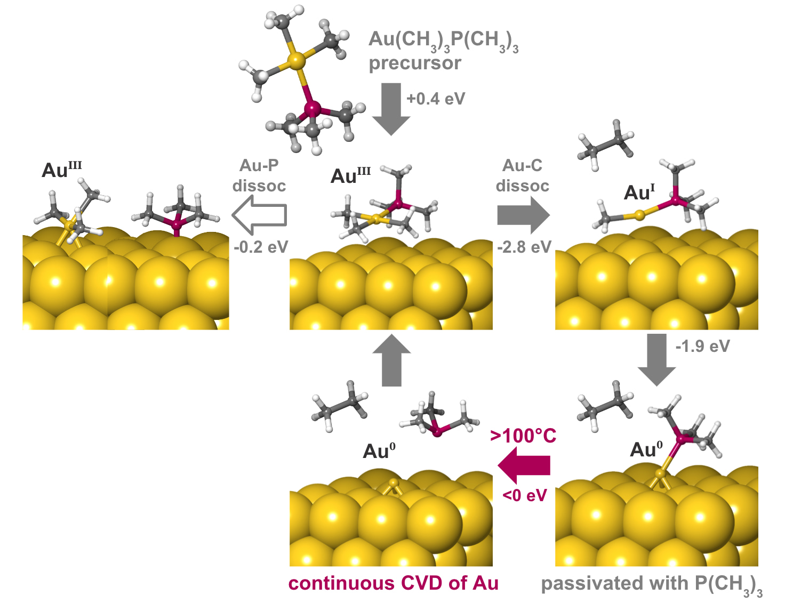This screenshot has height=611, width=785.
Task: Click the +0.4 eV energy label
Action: [x=436, y=99]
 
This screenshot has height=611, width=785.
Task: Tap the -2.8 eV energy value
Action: [x=524, y=247]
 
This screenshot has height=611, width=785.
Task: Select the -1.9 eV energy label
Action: [x=702, y=347]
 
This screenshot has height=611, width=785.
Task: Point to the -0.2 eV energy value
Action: [x=261, y=247]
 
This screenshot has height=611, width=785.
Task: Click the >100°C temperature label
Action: [x=523, y=436]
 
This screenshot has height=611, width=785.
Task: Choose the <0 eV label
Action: [x=525, y=496]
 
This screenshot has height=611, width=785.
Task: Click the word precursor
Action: [x=415, y=63]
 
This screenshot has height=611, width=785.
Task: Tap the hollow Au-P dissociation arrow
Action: [x=259, y=215]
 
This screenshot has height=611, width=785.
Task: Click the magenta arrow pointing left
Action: [x=524, y=465]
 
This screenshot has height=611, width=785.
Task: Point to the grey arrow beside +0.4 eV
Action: [x=391, y=108]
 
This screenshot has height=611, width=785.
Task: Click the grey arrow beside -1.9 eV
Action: [x=656, y=359]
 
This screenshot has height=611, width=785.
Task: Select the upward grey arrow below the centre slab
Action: [x=391, y=360]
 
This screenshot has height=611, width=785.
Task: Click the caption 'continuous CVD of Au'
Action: [x=393, y=583]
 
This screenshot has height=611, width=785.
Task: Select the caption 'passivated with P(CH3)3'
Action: [x=651, y=584]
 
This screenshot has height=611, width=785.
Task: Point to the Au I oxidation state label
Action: [x=639, y=192]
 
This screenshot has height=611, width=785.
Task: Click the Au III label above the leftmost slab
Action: [x=62, y=170]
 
